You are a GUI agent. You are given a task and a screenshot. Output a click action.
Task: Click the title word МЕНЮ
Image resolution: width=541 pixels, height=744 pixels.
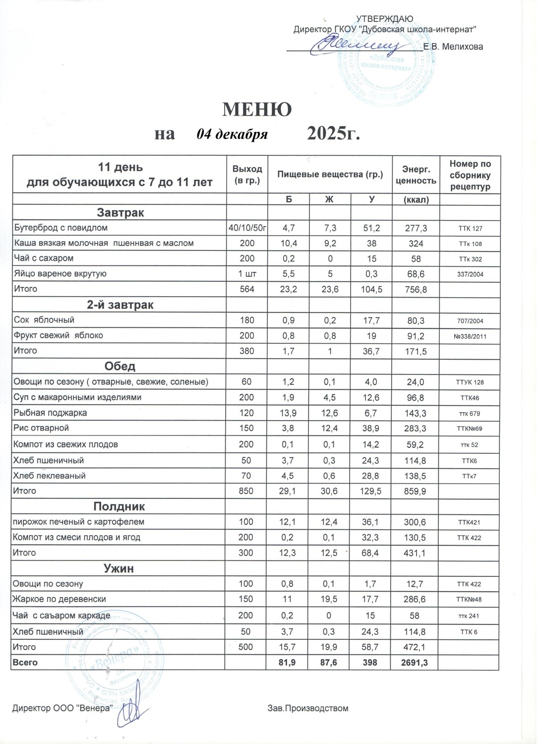(256, 110)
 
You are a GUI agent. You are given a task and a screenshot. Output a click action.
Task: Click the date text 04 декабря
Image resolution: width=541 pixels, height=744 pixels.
(232, 134)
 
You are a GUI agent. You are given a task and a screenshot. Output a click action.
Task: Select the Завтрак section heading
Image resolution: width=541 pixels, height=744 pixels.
(120, 213)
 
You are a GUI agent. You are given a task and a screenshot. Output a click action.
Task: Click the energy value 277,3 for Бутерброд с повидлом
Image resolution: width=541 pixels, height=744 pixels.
(416, 228)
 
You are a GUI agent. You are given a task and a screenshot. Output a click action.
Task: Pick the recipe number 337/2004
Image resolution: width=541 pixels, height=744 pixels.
(470, 274)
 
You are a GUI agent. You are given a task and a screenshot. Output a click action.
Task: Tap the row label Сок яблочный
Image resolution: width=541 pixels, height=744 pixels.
(44, 320)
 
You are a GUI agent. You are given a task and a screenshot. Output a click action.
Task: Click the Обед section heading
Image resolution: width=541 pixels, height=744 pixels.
(120, 366)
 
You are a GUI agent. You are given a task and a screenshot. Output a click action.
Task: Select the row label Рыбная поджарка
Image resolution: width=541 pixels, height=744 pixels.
(50, 413)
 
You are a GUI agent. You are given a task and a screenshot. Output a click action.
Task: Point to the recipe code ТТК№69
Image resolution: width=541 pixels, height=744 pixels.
(469, 429)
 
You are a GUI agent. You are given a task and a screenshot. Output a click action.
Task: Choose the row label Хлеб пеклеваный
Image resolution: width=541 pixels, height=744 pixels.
(50, 476)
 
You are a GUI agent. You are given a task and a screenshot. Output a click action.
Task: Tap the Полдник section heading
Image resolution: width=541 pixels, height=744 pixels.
(119, 506)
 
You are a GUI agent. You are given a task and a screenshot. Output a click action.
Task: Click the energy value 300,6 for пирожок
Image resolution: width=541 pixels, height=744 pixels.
(415, 522)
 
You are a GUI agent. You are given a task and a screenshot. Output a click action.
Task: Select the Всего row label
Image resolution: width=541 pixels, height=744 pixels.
(25, 662)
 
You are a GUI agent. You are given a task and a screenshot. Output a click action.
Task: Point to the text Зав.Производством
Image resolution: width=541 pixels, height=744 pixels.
(307, 708)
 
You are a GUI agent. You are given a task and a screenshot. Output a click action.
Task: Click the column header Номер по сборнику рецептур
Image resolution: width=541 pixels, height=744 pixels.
(470, 175)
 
